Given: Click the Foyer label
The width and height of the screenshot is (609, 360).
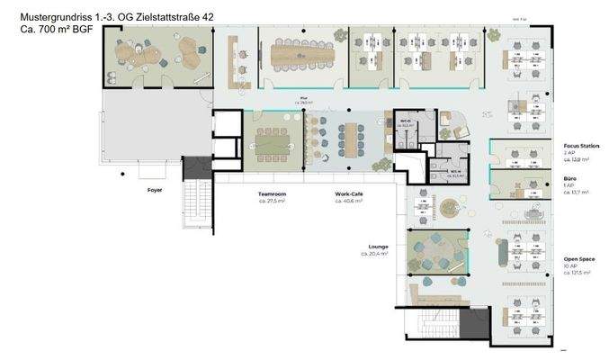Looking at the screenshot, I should (156, 191).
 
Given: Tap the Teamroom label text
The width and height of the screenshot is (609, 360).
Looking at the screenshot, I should (273, 193).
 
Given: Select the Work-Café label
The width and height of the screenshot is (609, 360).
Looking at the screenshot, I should (348, 193).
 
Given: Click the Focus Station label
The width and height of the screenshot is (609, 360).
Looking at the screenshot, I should (581, 145).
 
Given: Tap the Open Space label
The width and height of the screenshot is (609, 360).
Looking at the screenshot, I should (578, 258).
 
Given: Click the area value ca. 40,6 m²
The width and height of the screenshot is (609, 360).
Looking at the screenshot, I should (349, 202).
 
